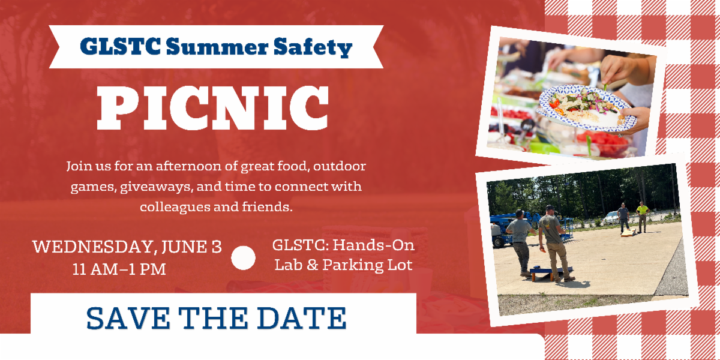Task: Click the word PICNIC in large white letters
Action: [x=212, y=108]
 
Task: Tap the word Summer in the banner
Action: [x=217, y=47]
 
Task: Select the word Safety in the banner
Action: [x=313, y=47]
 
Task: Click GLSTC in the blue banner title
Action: [x=121, y=46]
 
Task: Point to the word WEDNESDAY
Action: [x=93, y=247]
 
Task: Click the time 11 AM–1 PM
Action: [x=119, y=269]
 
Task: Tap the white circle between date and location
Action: [x=244, y=258]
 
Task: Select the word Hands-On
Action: [x=373, y=245]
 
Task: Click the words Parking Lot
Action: [x=367, y=265]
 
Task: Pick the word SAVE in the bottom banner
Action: [x=128, y=318]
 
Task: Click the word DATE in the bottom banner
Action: [x=301, y=318]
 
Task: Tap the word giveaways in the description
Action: [x=157, y=187]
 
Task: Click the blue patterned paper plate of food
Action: [x=586, y=107]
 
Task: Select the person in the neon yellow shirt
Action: [x=643, y=217]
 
